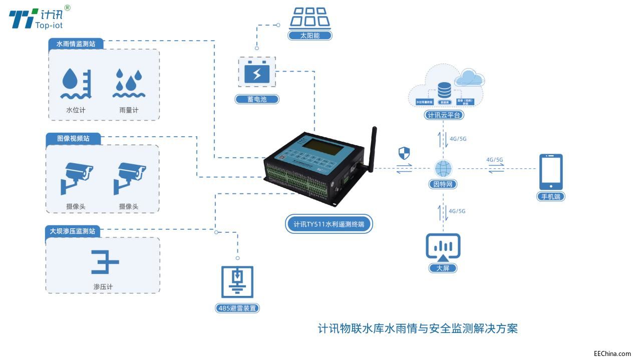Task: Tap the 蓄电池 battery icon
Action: click(x=257, y=74)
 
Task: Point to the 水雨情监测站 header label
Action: click(x=76, y=44)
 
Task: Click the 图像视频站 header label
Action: click(x=73, y=138)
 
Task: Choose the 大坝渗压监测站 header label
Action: click(x=72, y=231)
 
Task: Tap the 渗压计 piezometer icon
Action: click(x=105, y=261)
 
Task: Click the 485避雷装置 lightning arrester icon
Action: click(x=237, y=282)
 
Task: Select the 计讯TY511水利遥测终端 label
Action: click(x=329, y=224)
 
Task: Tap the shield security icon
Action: click(x=404, y=152)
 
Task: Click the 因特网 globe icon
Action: click(x=443, y=168)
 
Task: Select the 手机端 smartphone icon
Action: click(x=550, y=172)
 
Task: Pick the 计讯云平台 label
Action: click(x=443, y=115)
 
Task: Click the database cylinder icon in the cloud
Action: click(x=444, y=90)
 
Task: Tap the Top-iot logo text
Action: click(x=49, y=25)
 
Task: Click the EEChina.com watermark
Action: click(x=612, y=353)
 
